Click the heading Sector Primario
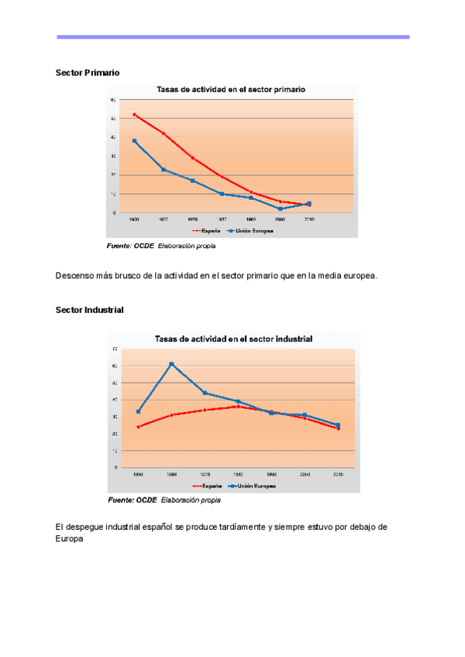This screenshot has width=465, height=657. coord(88,72)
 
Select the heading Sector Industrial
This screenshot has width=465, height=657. coord(90,309)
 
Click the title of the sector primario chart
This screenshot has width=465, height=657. coord(231,89)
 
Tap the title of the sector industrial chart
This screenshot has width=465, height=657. coord(233,339)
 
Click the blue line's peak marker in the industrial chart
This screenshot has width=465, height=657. coord(171,364)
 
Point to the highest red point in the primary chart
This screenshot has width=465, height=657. coord(134,115)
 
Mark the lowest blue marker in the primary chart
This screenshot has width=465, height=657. coord(281,208)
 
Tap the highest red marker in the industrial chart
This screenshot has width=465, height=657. coord(238,406)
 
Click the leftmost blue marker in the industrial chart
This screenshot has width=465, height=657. coord(138,411)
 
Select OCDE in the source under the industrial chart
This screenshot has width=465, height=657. coord(145,500)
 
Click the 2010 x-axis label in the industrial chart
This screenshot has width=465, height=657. coord(338,473)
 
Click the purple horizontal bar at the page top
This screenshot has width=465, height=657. coord(232,36)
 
